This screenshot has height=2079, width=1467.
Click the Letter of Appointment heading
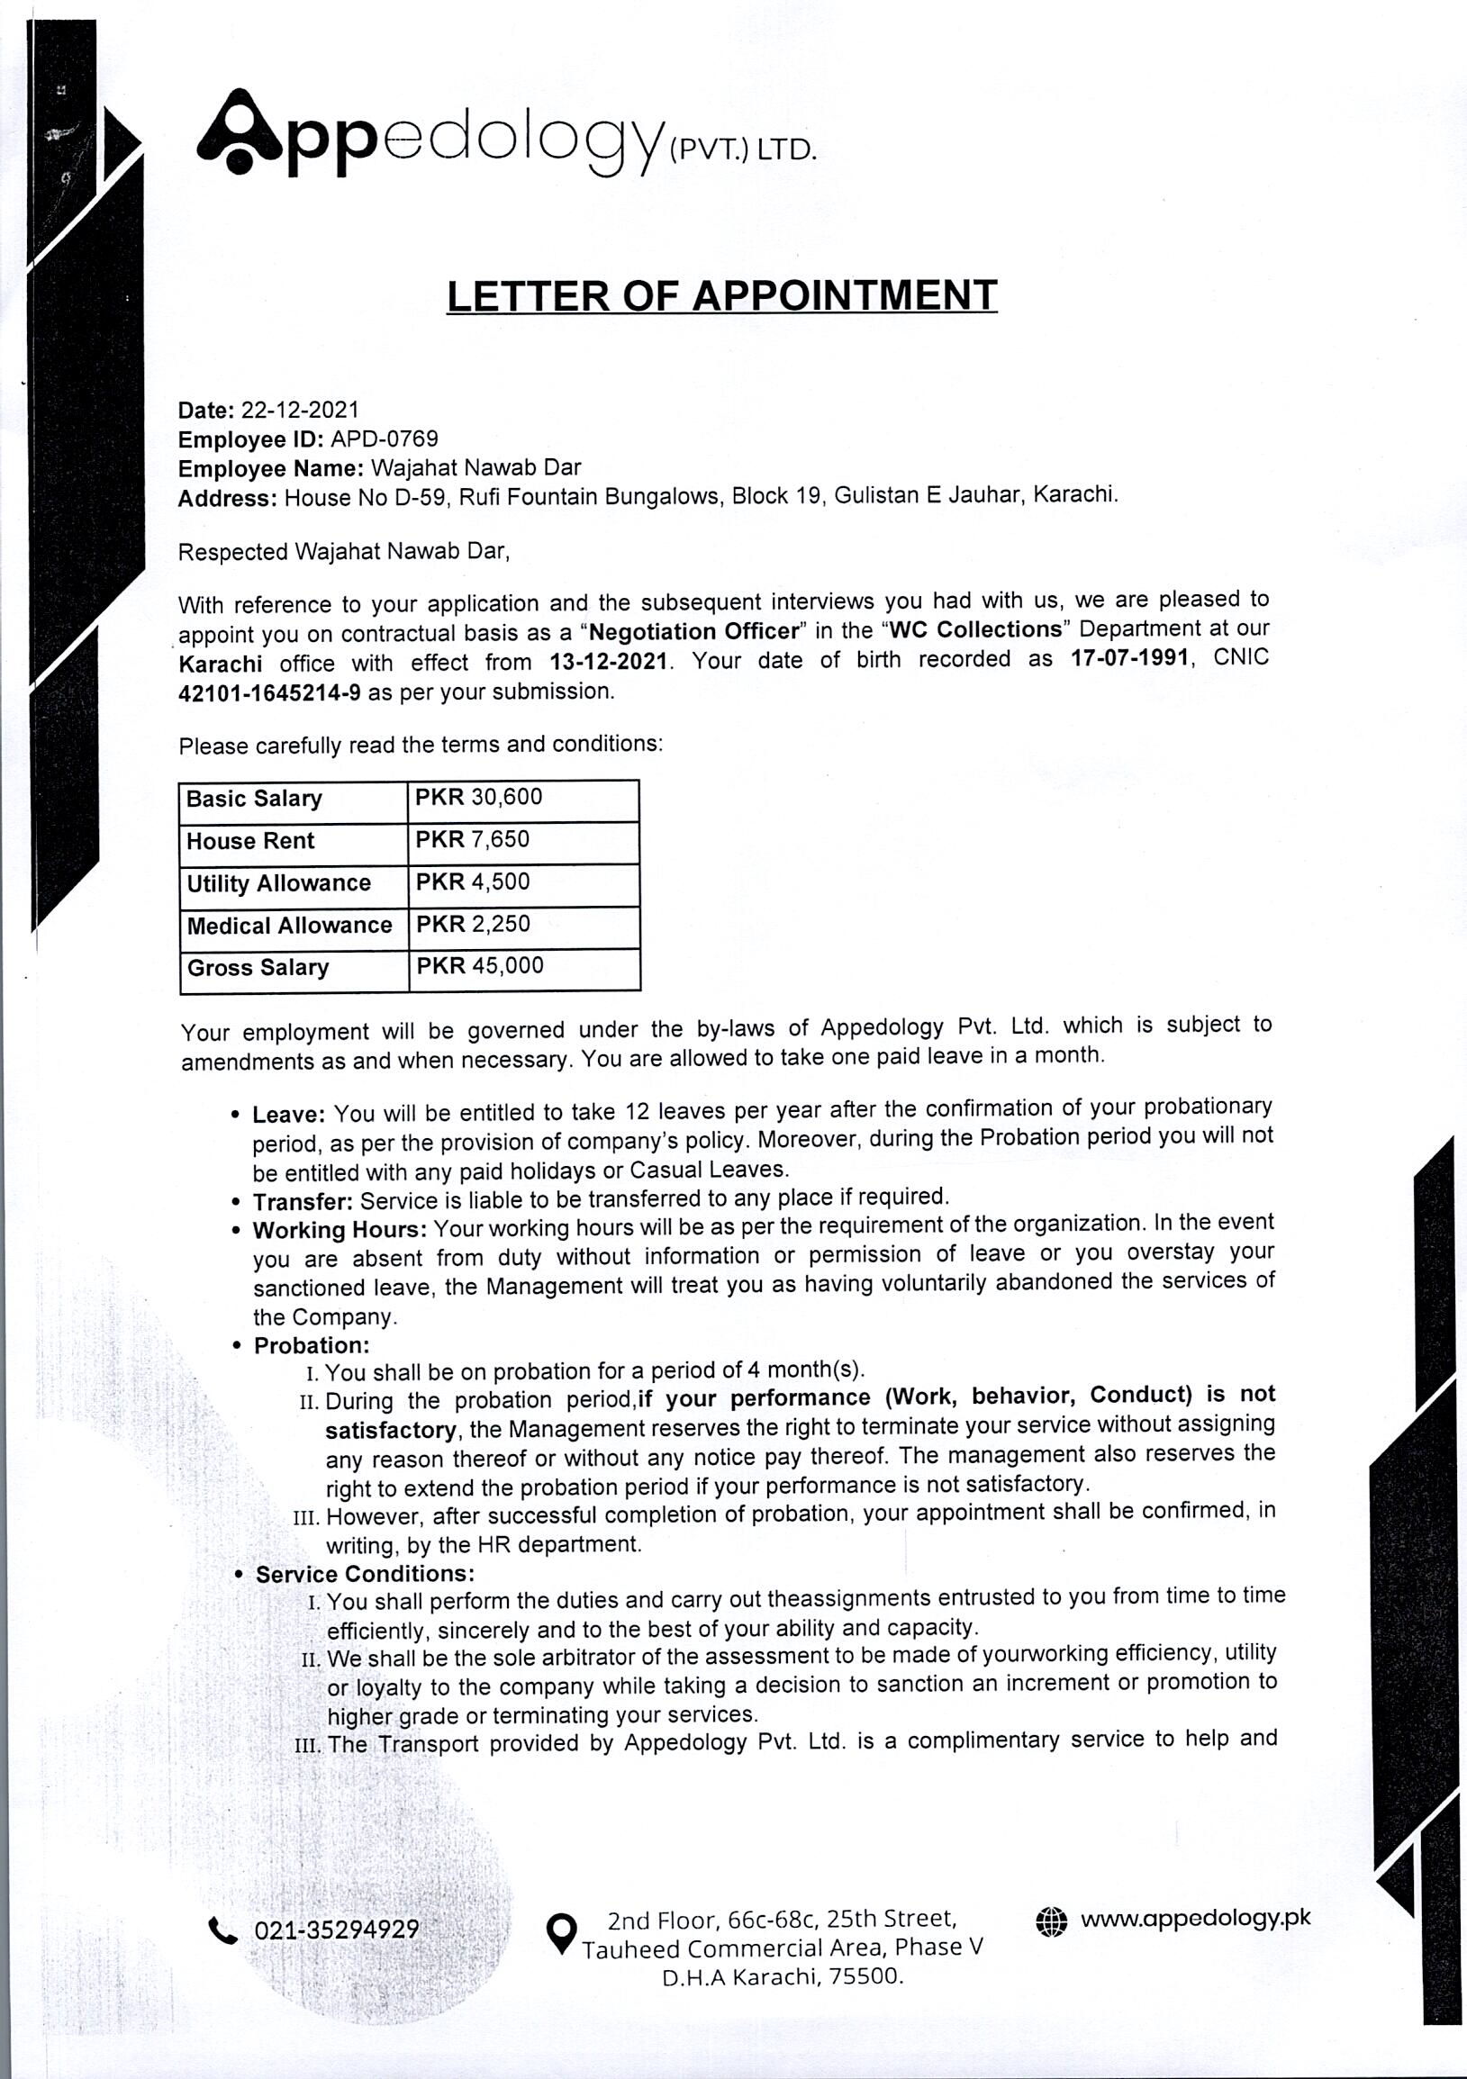pos(721,295)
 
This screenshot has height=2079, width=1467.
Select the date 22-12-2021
pos(300,411)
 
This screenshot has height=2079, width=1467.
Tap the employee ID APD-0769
pos(384,439)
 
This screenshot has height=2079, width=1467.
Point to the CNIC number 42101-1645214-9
pos(270,693)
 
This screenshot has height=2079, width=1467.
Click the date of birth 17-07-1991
pos(1128,659)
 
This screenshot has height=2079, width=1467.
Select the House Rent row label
pos(250,841)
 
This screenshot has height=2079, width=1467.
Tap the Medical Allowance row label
pos(289,926)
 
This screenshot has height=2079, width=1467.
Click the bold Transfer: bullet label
pos(303,1203)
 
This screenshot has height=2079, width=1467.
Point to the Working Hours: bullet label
pos(340,1231)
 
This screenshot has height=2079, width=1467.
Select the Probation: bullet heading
pos(312,1345)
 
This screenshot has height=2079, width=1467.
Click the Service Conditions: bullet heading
pos(365,1575)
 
